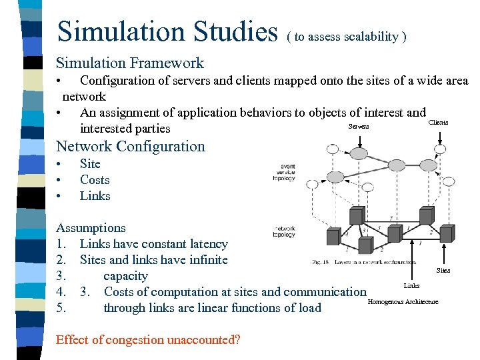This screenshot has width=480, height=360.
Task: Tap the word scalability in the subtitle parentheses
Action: point(371,37)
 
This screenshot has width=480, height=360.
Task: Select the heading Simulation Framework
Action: point(130,63)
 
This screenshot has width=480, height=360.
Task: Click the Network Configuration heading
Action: point(131,146)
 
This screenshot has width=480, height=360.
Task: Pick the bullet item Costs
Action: point(95,180)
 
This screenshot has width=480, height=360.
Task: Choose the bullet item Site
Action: point(90,164)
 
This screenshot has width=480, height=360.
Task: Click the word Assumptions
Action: point(91,228)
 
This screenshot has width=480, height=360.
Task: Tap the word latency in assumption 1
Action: point(209,244)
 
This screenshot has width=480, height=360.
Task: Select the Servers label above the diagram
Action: point(359,127)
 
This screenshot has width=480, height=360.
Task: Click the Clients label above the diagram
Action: point(438,123)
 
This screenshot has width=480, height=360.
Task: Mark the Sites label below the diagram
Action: point(443,271)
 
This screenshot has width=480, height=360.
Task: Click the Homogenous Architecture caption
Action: point(403,302)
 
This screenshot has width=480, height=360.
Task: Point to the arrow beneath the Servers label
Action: point(359,139)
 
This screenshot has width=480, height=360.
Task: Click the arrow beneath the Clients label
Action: point(439,135)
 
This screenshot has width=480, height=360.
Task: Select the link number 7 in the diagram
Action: point(390,219)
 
